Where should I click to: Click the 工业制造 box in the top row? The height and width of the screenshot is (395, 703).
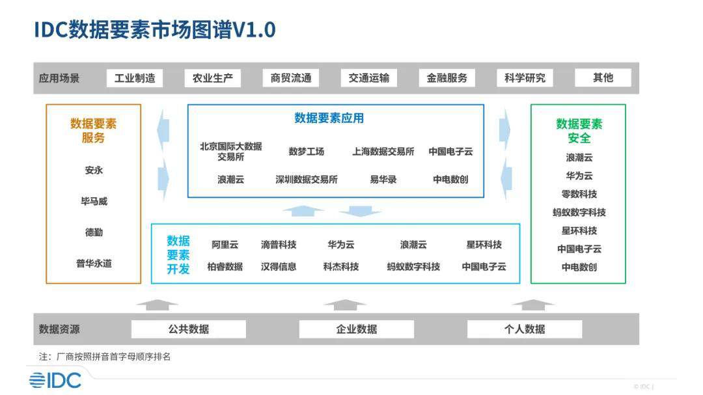click(x=135, y=78)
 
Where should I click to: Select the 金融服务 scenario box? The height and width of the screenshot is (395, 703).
click(x=447, y=78)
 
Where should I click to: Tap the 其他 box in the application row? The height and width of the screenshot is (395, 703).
click(x=603, y=78)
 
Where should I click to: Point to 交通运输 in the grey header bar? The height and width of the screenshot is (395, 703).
click(x=369, y=78)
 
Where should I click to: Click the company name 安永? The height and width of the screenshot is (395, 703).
click(x=94, y=170)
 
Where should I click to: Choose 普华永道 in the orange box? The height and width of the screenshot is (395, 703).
click(x=94, y=264)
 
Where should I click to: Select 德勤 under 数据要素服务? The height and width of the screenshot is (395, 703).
click(x=94, y=232)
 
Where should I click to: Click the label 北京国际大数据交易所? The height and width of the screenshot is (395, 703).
click(x=230, y=152)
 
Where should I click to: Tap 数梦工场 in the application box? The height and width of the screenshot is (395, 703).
click(x=307, y=152)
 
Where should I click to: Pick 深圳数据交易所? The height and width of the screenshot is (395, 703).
click(x=307, y=180)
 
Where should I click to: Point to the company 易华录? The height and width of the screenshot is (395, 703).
click(x=383, y=180)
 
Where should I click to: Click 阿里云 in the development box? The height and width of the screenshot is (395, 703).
click(x=225, y=245)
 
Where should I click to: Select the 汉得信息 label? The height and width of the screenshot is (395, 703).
click(x=279, y=267)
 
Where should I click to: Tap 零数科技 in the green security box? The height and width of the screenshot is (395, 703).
click(x=579, y=194)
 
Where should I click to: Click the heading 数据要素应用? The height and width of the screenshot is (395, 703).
click(x=329, y=118)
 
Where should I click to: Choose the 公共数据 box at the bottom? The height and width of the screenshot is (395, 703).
click(x=189, y=329)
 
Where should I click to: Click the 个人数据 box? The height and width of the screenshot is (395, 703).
click(x=525, y=329)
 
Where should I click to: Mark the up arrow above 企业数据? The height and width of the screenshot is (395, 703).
click(x=344, y=305)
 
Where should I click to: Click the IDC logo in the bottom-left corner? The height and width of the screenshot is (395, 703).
click(x=55, y=379)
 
